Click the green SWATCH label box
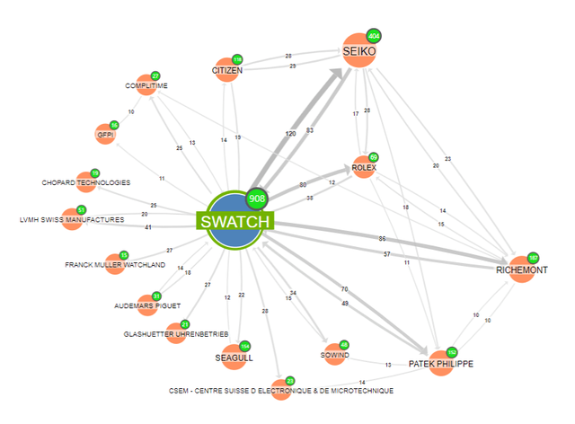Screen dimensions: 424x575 click(234, 222)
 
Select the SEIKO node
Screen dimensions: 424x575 click(359, 50)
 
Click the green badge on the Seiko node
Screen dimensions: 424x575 click(375, 36)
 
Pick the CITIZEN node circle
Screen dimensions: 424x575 click(227, 70)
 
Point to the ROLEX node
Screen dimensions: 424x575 click(363, 167)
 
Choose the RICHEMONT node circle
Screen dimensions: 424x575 click(521, 269)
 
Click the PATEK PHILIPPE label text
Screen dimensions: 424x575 click(439, 364)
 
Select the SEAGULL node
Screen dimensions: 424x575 click(234, 357)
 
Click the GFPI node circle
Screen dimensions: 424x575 click(106, 135)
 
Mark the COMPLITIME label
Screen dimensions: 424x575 click(146, 86)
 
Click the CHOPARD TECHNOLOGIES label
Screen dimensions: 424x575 click(86, 183)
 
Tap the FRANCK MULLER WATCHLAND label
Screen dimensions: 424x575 click(115, 265)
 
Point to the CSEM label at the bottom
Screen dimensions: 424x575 click(281, 392)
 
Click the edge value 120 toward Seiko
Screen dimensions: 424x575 click(290, 133)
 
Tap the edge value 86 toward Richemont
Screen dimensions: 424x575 click(382, 239)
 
